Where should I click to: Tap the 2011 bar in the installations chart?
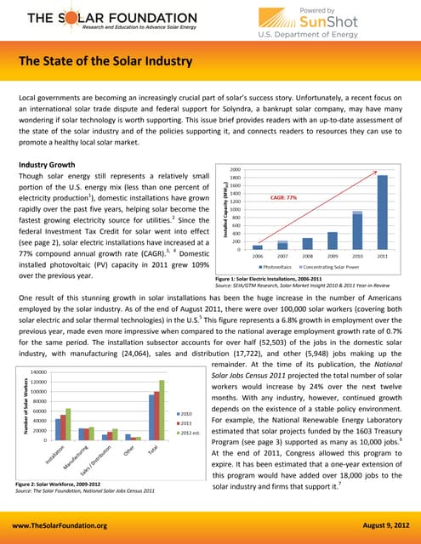tap(382, 200)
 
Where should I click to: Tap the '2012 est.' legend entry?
tap(190, 432)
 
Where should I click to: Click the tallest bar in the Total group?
tap(162, 410)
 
